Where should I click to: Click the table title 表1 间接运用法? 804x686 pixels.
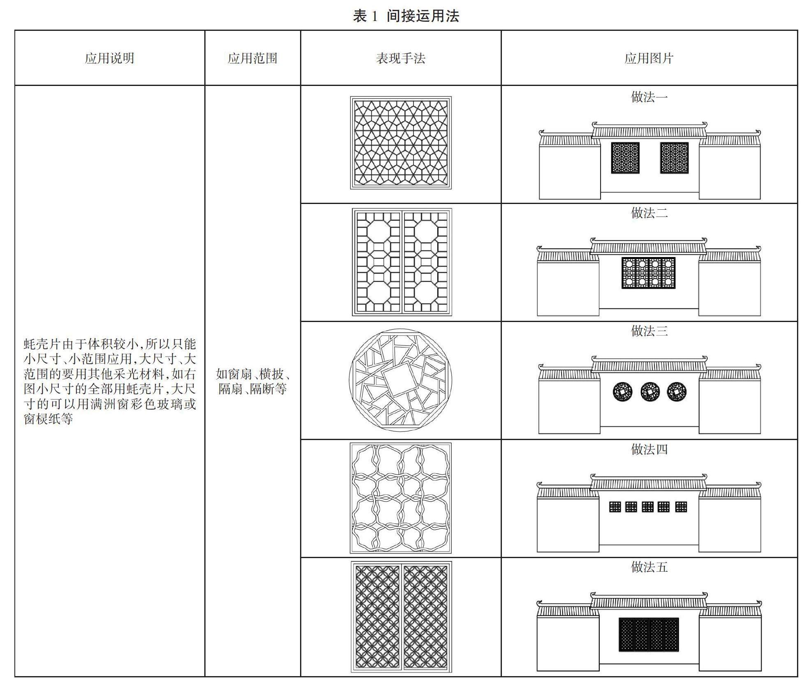[x=405, y=16]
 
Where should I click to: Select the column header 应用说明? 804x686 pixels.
[x=109, y=58]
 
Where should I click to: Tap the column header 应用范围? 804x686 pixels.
[x=252, y=58]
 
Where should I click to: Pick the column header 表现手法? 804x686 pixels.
[x=400, y=58]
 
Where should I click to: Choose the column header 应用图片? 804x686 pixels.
[x=649, y=58]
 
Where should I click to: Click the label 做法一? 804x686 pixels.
[x=649, y=97]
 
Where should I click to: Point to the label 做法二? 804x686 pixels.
[x=649, y=213]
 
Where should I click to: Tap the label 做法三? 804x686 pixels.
[x=649, y=331]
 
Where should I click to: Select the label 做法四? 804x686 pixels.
[x=649, y=449]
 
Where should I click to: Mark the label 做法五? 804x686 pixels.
[x=649, y=567]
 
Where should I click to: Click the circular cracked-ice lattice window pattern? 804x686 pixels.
[x=400, y=380]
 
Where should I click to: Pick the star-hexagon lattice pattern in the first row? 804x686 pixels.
[x=400, y=143]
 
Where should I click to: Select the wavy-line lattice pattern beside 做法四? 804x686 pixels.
[x=400, y=498]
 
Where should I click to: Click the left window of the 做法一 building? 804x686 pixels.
[x=625, y=158]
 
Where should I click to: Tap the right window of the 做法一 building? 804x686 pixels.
[x=674, y=158]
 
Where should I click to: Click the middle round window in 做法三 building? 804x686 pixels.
[x=650, y=392]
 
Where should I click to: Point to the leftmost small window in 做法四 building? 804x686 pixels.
[x=615, y=507]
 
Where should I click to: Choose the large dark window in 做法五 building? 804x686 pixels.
[x=649, y=635]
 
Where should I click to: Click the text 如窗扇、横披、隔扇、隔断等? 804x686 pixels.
[x=252, y=381]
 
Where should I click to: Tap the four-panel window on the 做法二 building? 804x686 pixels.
[x=648, y=273]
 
